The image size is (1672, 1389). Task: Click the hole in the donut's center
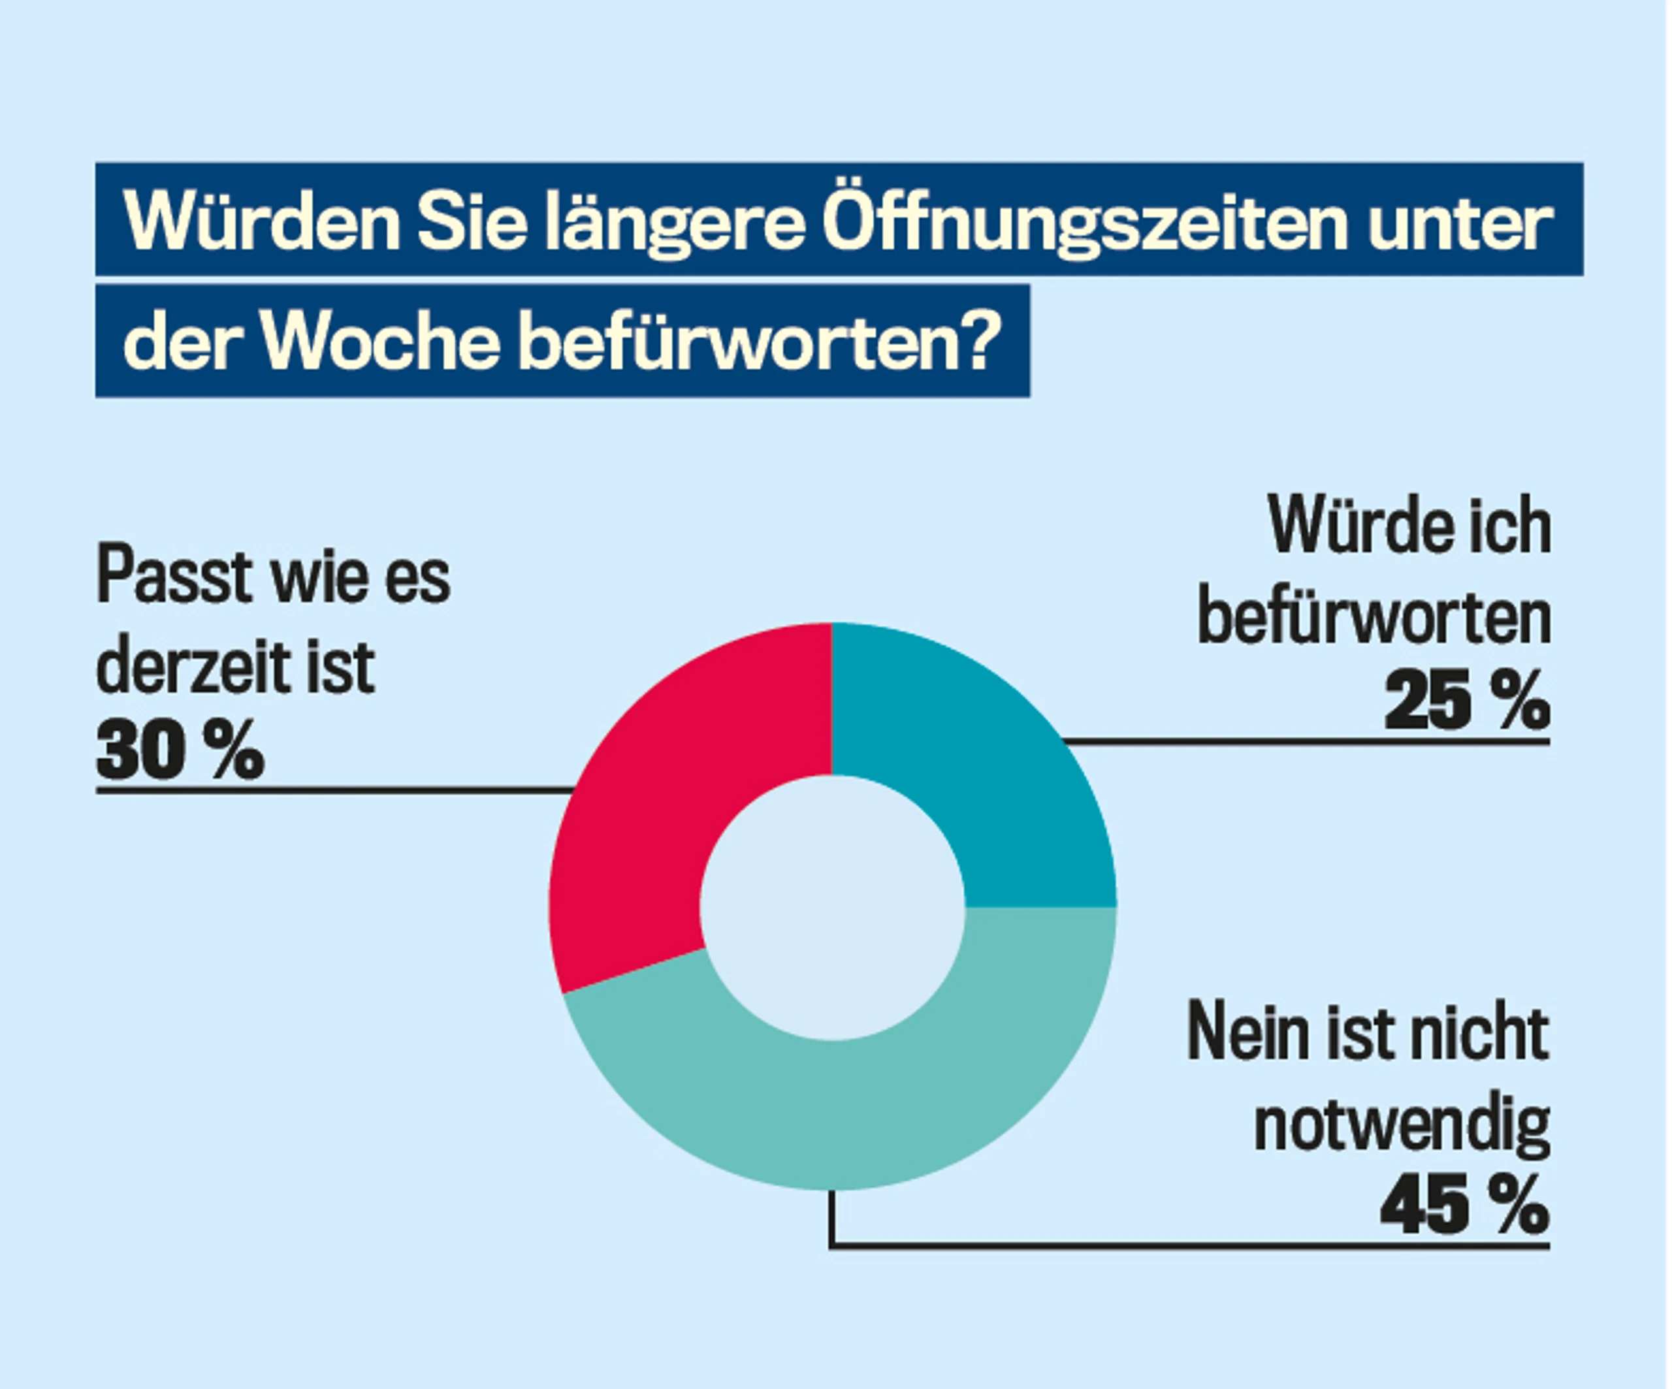click(833, 908)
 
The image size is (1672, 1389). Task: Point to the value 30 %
click(180, 750)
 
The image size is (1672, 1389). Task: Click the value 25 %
click(1468, 701)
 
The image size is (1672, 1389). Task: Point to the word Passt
click(174, 575)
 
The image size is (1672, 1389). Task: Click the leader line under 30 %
click(335, 790)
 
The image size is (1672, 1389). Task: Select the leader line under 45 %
click(1189, 1245)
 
